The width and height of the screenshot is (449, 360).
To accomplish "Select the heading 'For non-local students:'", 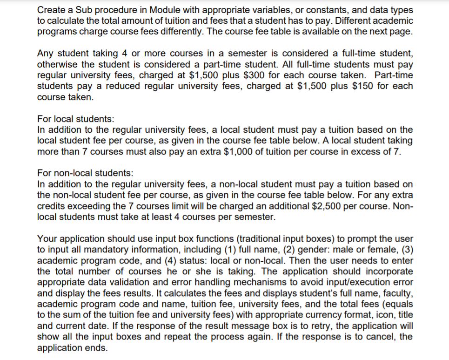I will pyautogui.click(x=85, y=173).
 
